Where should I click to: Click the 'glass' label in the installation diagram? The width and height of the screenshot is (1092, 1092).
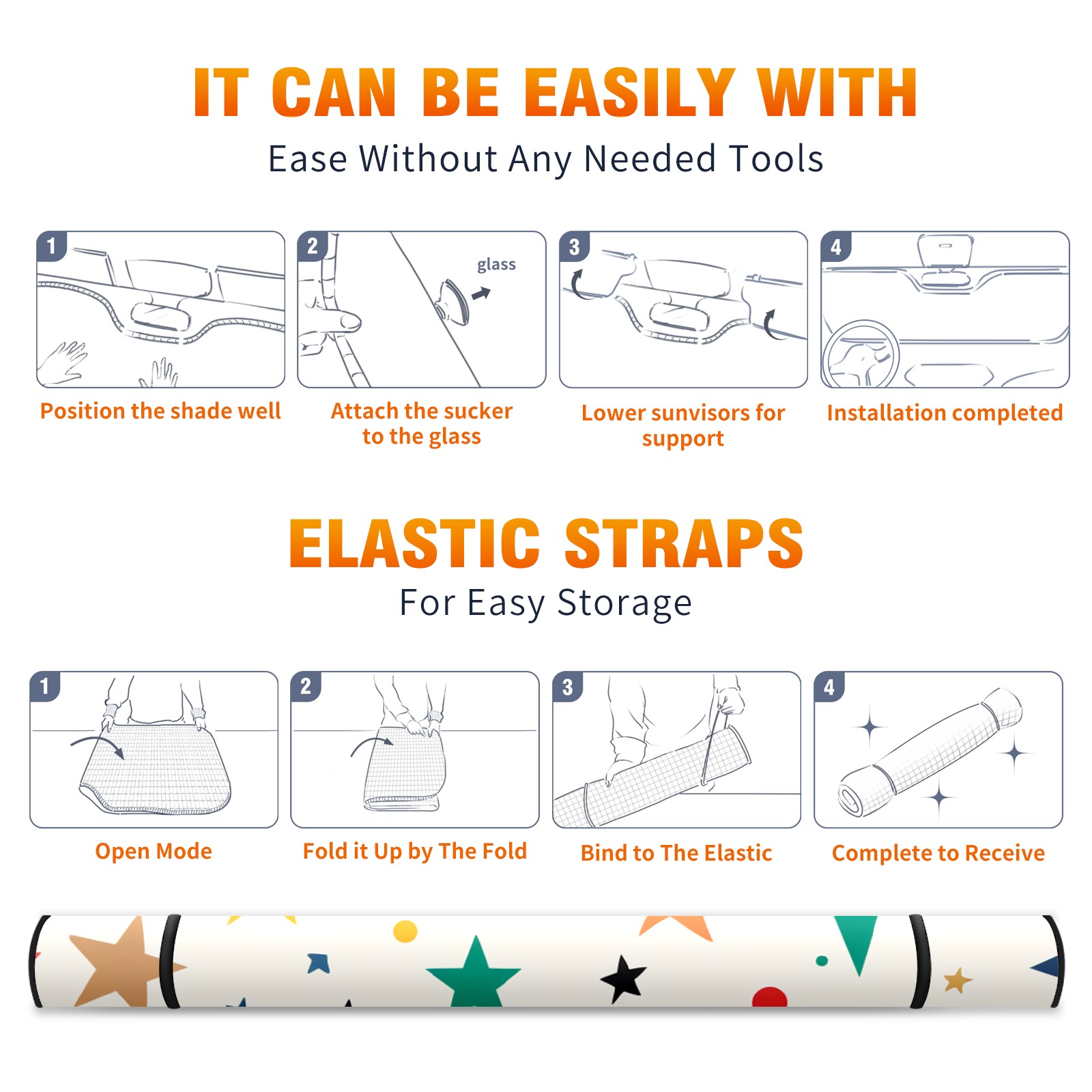pos(496,265)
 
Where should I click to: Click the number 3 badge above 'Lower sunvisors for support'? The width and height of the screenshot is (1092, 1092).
pos(574,246)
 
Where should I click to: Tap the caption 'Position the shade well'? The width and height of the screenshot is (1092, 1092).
pos(160,411)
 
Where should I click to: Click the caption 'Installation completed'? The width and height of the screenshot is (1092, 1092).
pos(945,413)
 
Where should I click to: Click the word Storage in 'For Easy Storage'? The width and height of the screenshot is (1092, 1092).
pos(624,603)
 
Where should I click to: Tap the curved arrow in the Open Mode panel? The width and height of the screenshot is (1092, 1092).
pos(97,745)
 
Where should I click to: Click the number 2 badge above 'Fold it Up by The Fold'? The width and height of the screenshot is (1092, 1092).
pos(305,686)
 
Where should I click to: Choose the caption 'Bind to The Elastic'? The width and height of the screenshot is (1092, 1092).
pos(676,852)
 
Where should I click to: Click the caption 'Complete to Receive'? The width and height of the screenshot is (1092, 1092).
pos(938,852)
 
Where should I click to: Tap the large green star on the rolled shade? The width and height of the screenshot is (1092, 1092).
pos(474,973)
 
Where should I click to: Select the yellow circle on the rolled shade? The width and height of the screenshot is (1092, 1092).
pos(405,931)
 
